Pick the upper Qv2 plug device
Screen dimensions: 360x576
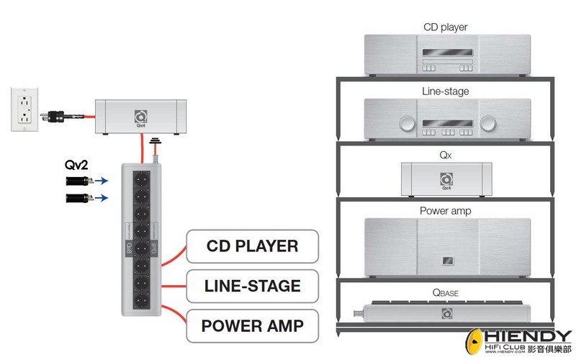(x=78, y=181)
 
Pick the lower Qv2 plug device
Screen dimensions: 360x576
(x=78, y=197)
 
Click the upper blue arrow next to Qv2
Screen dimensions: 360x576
(x=104, y=181)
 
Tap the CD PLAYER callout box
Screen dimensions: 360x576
(x=251, y=246)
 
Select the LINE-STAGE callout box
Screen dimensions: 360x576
(x=251, y=286)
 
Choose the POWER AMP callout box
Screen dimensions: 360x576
(x=251, y=325)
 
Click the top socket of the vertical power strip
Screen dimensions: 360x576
(x=141, y=176)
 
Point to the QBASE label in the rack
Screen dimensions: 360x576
(x=445, y=293)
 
